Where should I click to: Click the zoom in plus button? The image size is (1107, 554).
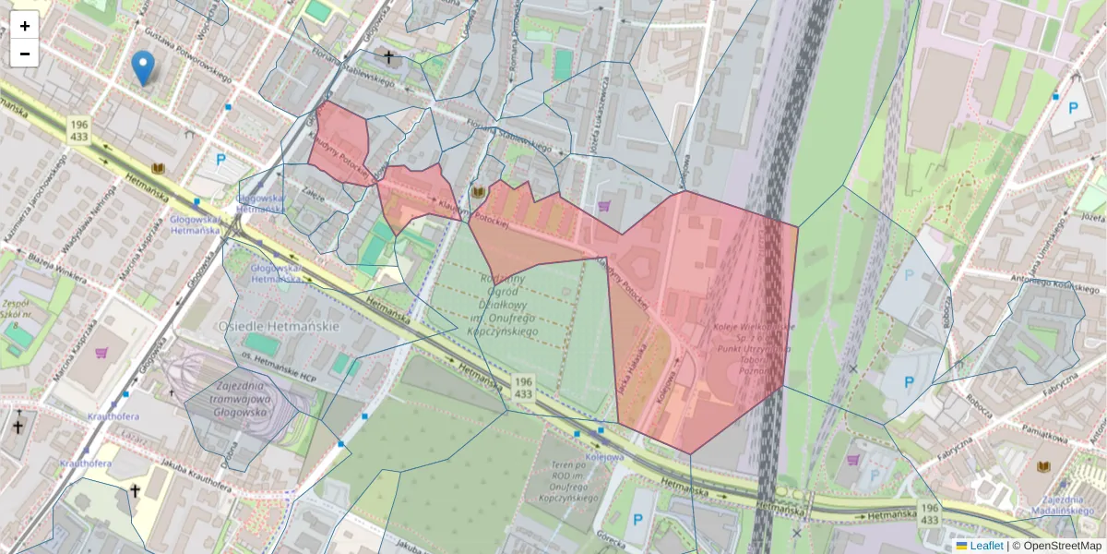[25, 26]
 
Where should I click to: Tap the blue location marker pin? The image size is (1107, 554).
[142, 67]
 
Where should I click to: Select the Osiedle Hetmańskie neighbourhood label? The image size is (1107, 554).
[280, 327]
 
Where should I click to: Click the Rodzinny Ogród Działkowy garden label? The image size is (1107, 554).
[502, 305]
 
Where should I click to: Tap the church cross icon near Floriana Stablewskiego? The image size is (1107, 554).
[388, 57]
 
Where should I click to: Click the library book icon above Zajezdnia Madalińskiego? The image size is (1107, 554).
[1044, 468]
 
